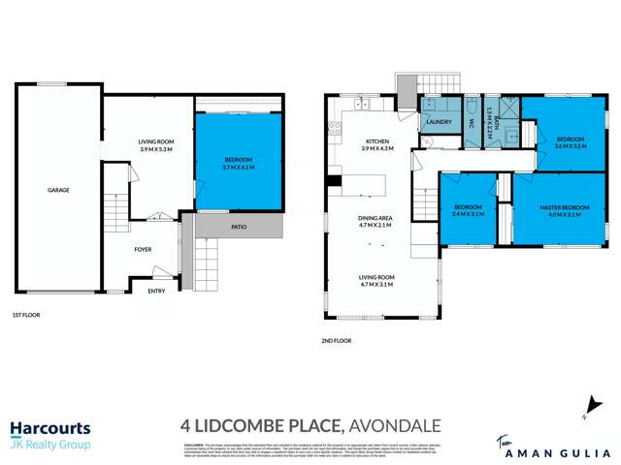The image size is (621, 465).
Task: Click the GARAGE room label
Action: [58, 190]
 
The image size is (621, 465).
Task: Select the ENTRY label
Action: [156, 291]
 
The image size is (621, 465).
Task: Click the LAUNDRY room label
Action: [440, 122]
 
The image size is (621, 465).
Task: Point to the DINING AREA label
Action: [375, 219]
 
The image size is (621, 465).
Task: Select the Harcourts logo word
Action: [50, 427]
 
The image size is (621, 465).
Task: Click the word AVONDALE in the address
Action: [396, 425]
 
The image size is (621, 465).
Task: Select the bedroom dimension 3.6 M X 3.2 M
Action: [571, 148]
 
